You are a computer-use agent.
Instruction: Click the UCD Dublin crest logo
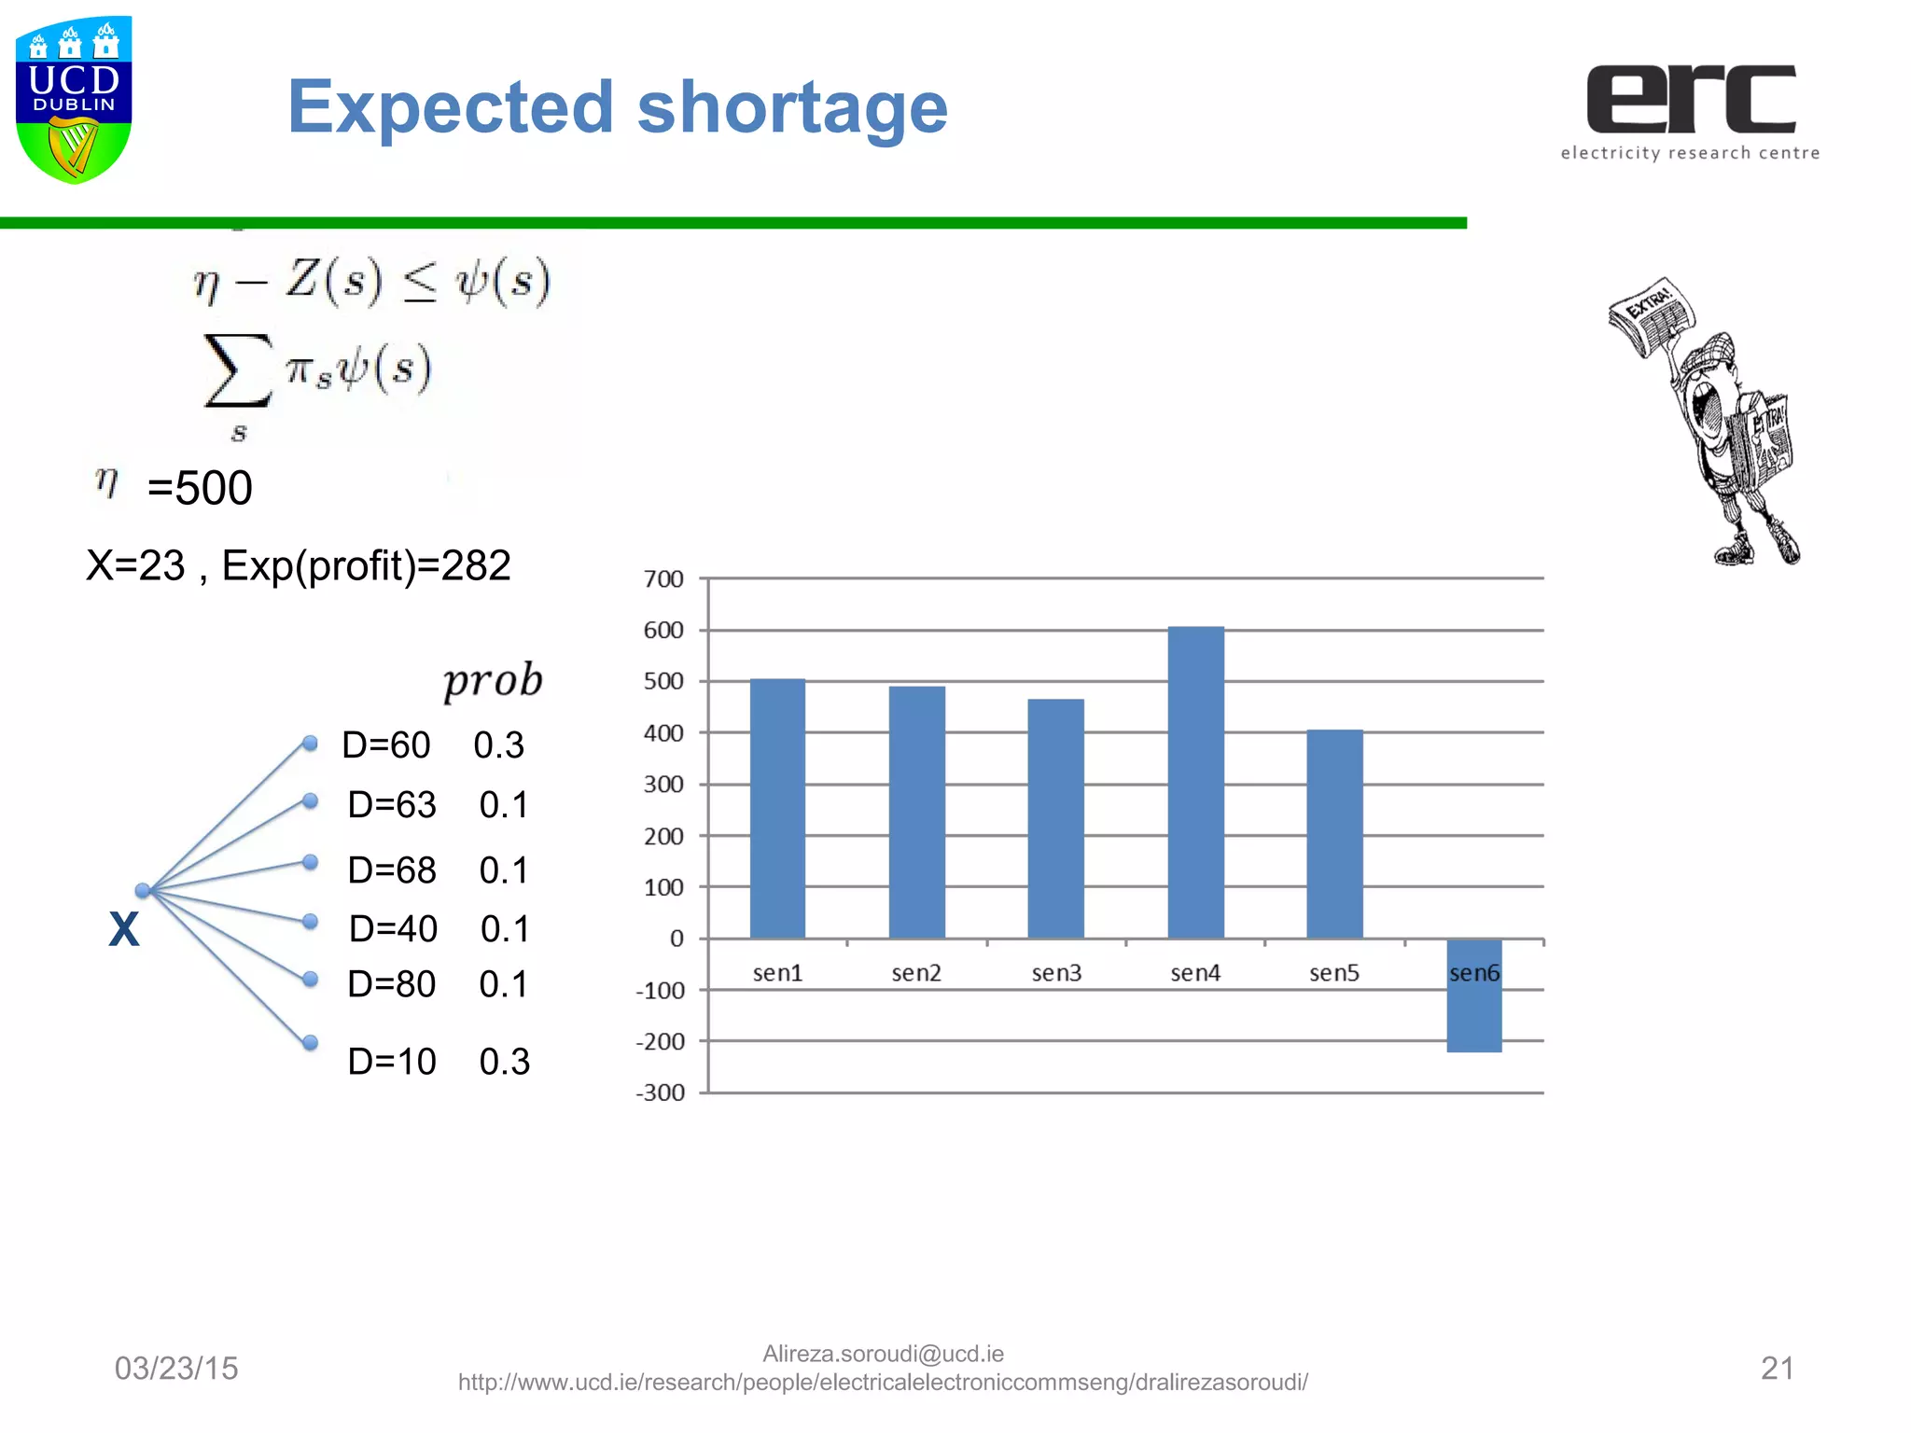74,100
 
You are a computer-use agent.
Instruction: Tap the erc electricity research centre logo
1690,111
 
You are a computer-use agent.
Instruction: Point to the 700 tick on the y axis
663,579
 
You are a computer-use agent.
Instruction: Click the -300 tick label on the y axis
661,1092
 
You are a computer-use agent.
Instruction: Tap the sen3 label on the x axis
1056,973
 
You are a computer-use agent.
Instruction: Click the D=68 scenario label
392,870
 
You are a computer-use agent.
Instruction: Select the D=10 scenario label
392,1062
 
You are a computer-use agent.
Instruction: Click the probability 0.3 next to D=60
498,745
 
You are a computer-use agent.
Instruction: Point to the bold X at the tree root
124,929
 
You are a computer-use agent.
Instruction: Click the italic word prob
493,681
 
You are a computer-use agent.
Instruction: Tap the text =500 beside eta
200,488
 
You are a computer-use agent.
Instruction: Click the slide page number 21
1777,1368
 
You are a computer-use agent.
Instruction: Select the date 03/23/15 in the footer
176,1368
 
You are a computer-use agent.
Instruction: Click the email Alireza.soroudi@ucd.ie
883,1354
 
